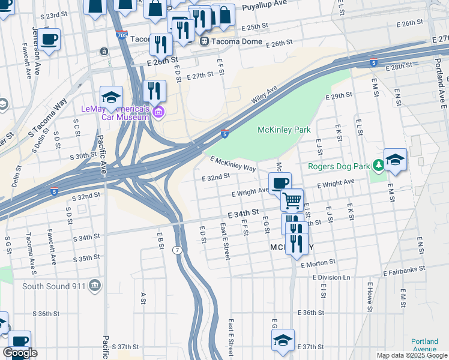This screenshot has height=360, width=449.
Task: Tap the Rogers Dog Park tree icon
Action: click(x=378, y=164)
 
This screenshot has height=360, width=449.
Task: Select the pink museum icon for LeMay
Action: click(x=158, y=112)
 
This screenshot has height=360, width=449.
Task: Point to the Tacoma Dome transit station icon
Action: click(x=205, y=41)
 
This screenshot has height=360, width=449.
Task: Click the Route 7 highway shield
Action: click(x=176, y=249)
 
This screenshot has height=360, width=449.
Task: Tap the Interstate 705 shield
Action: click(x=121, y=35)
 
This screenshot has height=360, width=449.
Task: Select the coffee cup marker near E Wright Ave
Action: click(x=280, y=183)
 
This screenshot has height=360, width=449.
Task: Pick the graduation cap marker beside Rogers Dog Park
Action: click(x=396, y=159)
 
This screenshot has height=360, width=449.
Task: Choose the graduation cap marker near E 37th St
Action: click(x=283, y=340)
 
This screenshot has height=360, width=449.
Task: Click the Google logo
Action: click(x=20, y=353)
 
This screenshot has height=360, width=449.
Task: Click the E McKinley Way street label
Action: click(x=233, y=164)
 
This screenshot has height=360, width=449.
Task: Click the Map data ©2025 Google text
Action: click(x=411, y=355)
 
